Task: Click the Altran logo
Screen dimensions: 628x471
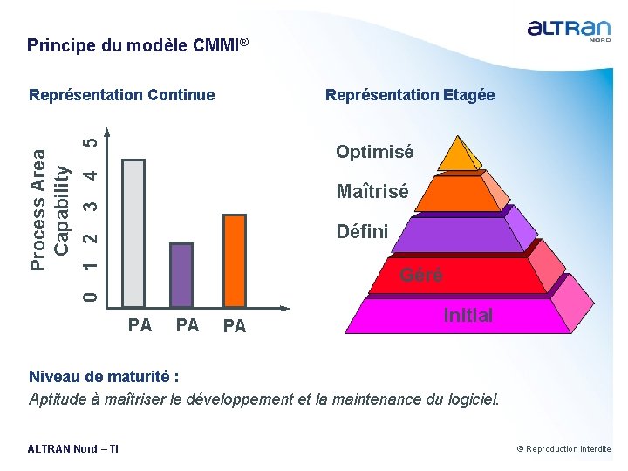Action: tap(569, 31)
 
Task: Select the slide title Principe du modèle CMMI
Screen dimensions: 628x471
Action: tap(139, 44)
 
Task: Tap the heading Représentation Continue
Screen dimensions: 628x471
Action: tap(121, 95)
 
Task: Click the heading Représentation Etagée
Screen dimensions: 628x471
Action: tap(410, 95)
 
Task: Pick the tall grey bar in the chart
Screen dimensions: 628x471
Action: tap(133, 233)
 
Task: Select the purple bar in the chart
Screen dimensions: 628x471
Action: tap(181, 275)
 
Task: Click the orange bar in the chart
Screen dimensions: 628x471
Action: tap(235, 261)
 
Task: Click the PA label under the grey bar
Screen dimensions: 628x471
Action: tap(140, 325)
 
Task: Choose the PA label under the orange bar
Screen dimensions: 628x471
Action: tap(235, 326)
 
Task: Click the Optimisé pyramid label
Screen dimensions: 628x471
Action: tap(375, 152)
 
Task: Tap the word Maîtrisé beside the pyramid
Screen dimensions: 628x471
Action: tap(372, 192)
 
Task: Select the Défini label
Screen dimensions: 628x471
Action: tap(362, 232)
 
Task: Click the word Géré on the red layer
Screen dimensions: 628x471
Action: tap(421, 275)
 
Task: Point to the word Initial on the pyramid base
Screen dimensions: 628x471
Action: tap(468, 315)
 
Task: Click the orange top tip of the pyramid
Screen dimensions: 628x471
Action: tap(458, 154)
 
